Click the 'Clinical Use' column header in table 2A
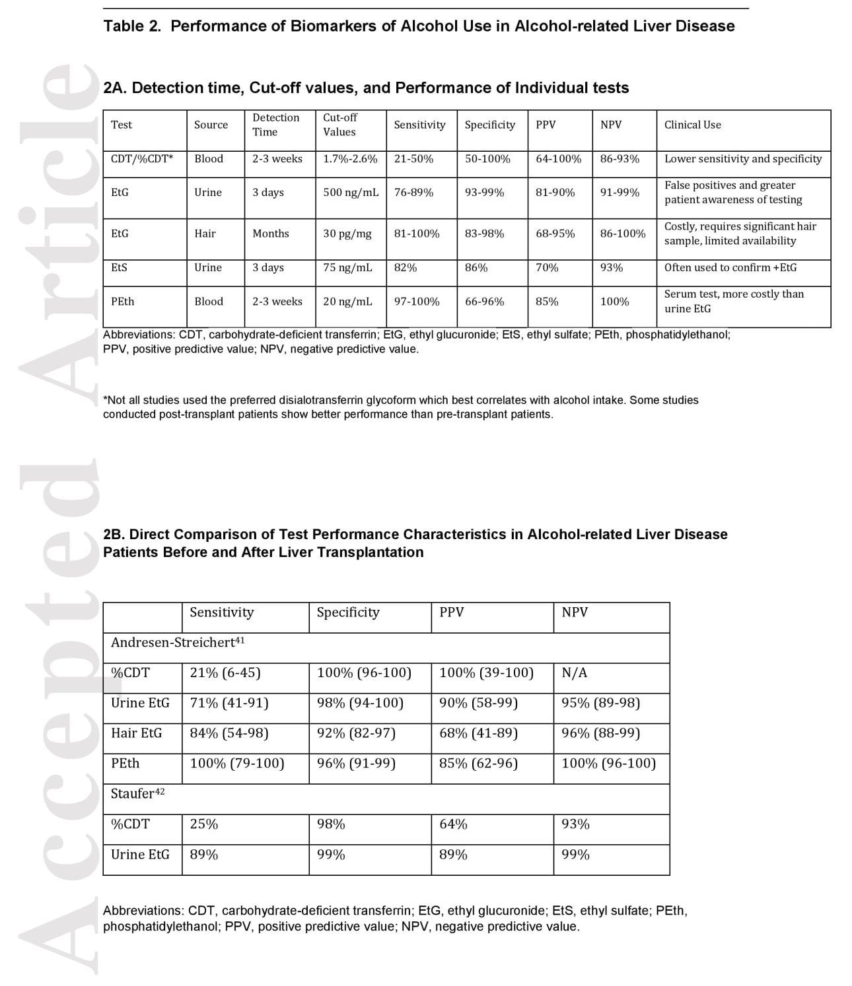coord(692,125)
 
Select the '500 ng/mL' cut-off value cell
coord(351,193)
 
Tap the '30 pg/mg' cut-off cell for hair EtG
coord(347,234)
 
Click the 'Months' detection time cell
coord(271,234)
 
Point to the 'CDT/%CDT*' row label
coord(142,159)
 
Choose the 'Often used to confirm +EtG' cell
coord(730,268)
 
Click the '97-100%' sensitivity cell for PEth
coord(417,302)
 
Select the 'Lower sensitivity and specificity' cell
coord(743,159)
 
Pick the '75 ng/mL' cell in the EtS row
coord(347,268)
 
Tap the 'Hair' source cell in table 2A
coord(205,234)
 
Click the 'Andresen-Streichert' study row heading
coord(178,642)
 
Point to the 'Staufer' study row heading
coord(137,794)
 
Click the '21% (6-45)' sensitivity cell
coord(225,673)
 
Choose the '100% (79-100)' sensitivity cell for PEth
coord(237,764)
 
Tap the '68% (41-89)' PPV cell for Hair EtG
coord(478,733)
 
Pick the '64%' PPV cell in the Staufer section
coord(453,824)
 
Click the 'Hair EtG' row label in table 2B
coord(136,733)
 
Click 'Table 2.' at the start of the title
coord(132,26)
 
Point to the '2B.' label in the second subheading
coord(114,535)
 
